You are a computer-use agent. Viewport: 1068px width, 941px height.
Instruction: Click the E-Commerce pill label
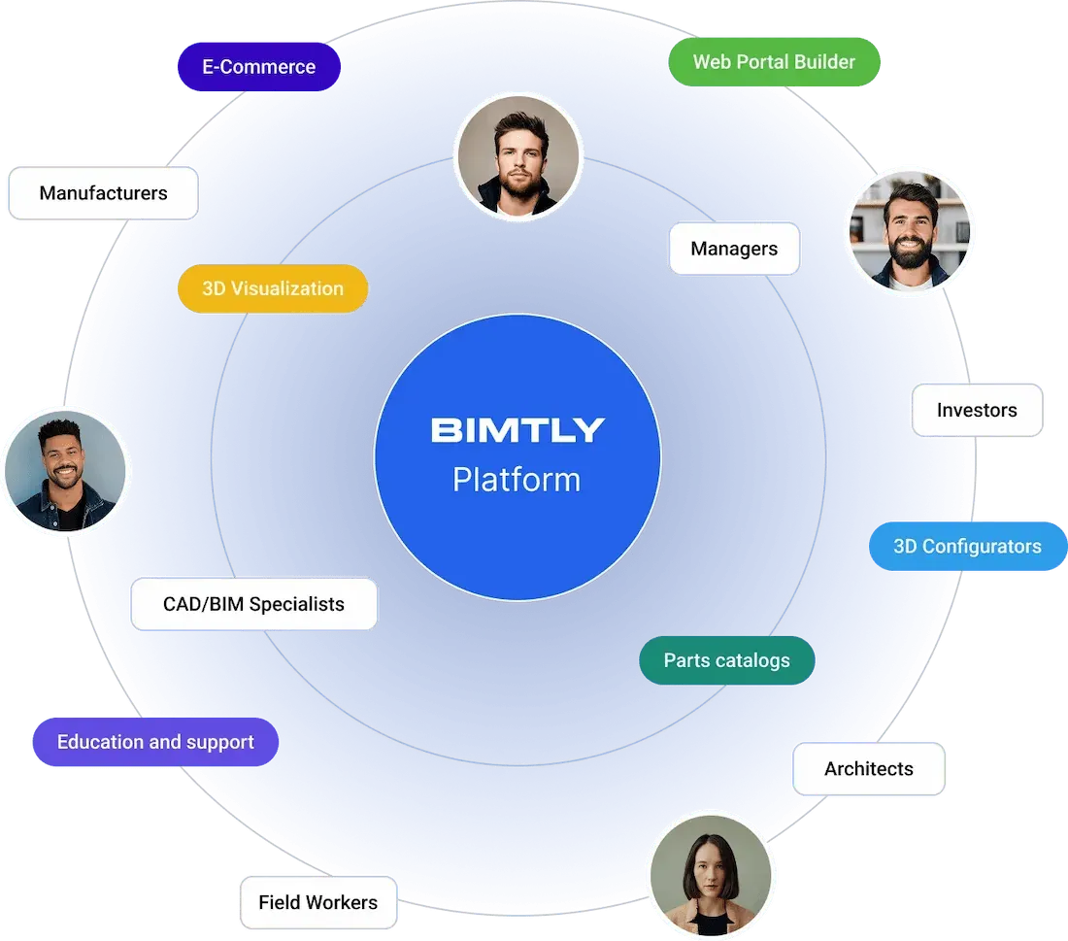pos(258,67)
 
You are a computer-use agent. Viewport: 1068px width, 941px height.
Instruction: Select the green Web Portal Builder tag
pos(774,62)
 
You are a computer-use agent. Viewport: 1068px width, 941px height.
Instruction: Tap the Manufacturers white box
pos(103,193)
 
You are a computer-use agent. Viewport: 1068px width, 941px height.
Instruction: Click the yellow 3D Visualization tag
pos(273,288)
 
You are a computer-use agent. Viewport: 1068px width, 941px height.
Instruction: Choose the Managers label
pos(734,249)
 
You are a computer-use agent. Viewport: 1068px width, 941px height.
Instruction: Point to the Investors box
pos(977,410)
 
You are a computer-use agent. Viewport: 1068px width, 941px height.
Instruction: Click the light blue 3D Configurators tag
pos(967,547)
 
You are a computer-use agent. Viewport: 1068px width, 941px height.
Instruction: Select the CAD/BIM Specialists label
pos(253,604)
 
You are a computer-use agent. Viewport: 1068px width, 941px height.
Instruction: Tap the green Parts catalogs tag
pos(726,660)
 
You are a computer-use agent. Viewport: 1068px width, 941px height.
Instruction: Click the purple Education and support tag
pos(155,743)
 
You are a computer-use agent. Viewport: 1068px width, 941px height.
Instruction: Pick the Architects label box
pos(869,769)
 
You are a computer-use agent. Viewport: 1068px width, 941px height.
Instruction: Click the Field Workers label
pos(317,903)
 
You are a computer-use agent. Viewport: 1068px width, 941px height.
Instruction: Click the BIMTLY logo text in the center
pos(517,430)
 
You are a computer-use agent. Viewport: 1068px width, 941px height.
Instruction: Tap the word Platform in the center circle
pos(517,480)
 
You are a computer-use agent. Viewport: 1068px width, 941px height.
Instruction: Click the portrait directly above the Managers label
pos(518,156)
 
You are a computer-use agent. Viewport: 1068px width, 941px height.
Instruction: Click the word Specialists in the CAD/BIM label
pos(297,604)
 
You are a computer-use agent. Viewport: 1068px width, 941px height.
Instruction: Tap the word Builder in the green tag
pos(824,62)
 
